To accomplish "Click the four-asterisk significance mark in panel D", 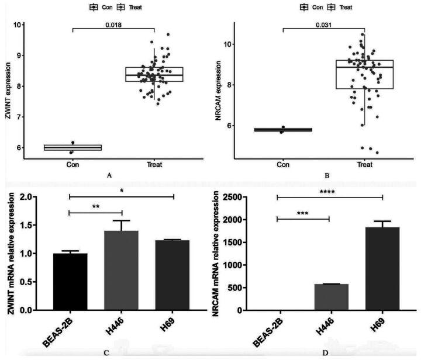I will (x=330, y=191).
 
